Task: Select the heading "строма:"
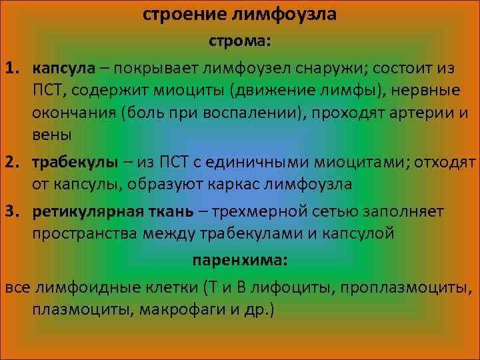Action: click(x=240, y=41)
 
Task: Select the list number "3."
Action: click(x=15, y=211)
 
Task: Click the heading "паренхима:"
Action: click(x=240, y=261)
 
